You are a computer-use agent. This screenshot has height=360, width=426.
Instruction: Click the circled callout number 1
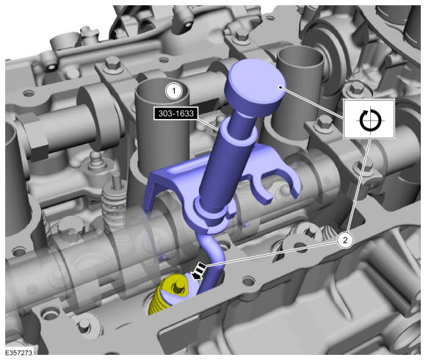pyautogui.click(x=174, y=91)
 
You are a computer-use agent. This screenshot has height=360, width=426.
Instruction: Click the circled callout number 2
pyautogui.click(x=345, y=240)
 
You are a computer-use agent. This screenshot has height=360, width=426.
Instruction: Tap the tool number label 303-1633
pyautogui.click(x=176, y=113)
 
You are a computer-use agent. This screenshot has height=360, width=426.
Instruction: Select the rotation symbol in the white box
pyautogui.click(x=369, y=120)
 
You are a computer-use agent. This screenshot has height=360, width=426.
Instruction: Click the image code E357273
pyautogui.click(x=19, y=353)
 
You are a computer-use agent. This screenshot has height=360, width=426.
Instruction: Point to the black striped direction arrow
pyautogui.click(x=199, y=271)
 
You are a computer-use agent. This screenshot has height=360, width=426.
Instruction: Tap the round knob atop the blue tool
pyautogui.click(x=255, y=87)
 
